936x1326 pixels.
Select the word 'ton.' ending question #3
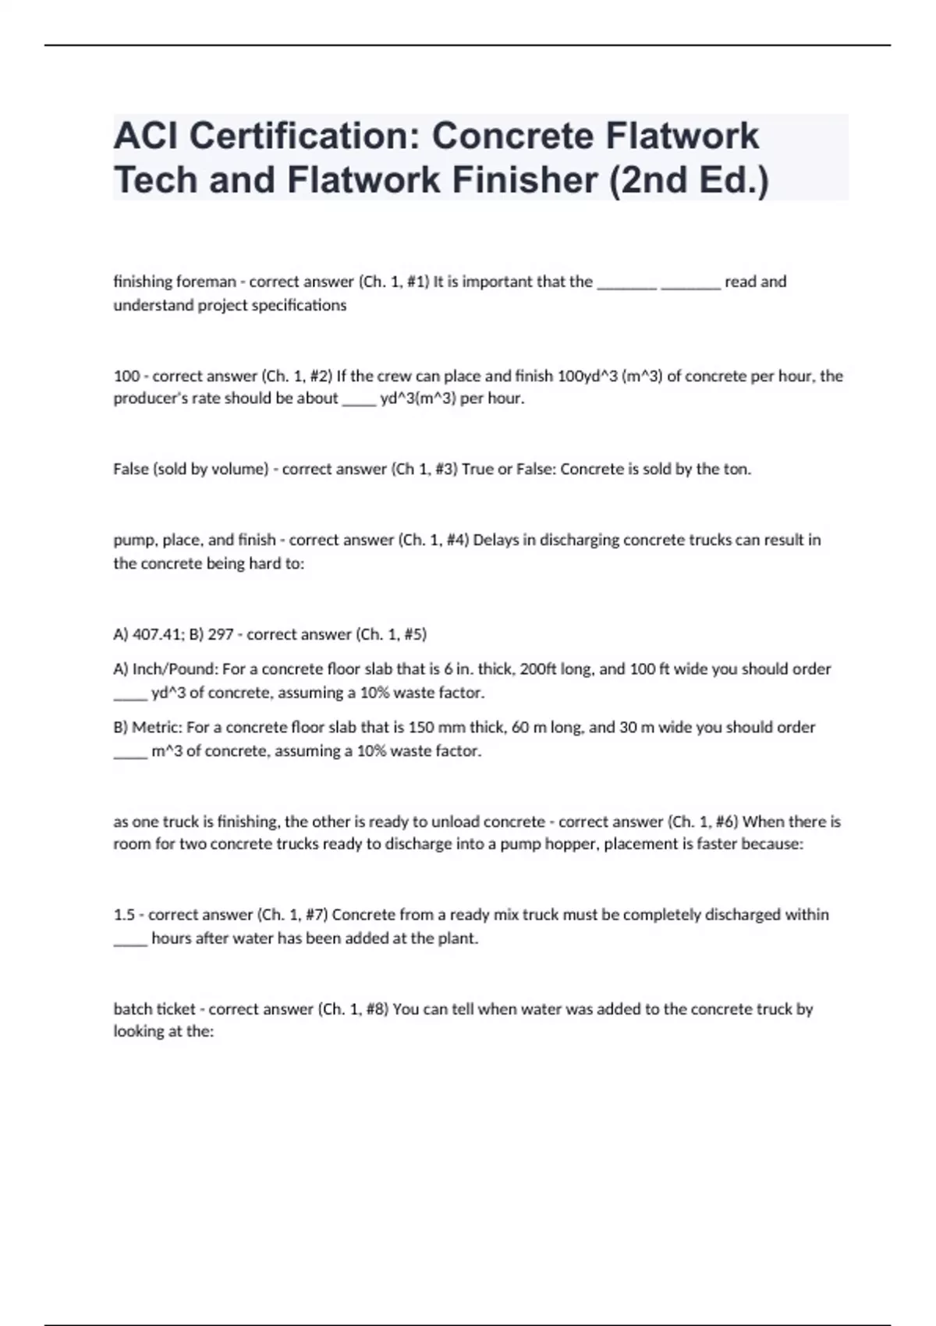click(x=737, y=470)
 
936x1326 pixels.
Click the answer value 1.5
click(x=124, y=914)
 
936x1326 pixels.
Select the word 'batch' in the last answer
click(x=133, y=1009)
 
